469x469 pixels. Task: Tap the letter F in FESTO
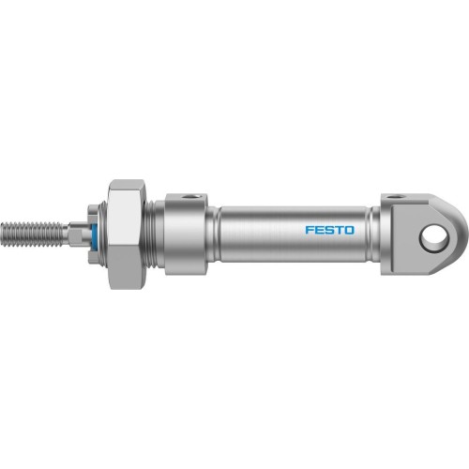tap(309, 228)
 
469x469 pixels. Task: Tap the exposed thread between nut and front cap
tap(157, 231)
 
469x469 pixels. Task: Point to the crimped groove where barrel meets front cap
tap(213, 231)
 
